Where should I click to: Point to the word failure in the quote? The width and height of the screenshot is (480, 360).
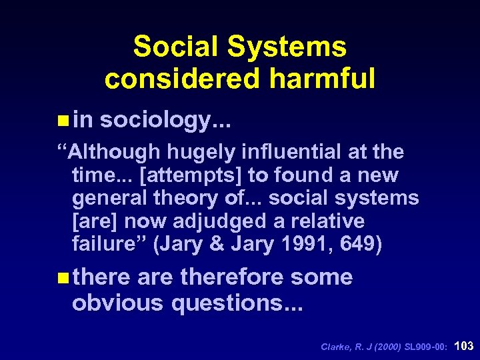pyautogui.click(x=110, y=244)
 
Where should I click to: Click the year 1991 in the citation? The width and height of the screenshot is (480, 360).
pyautogui.click(x=303, y=244)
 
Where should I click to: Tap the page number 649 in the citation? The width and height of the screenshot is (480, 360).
pyautogui.click(x=359, y=244)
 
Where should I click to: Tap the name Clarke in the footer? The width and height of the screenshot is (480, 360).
pyautogui.click(x=335, y=347)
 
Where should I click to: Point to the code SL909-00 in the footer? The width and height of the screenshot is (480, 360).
pyautogui.click(x=424, y=347)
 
